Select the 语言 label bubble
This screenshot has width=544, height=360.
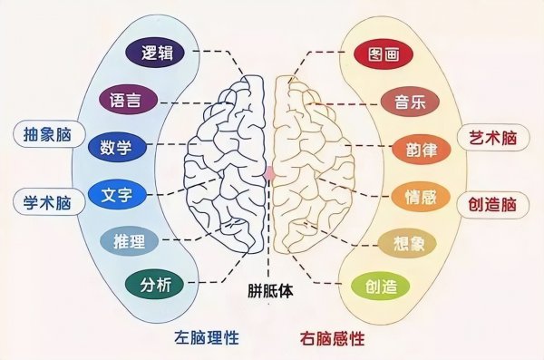[x=130, y=98]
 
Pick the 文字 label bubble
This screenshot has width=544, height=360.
[x=119, y=194]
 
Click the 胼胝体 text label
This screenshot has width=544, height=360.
[x=272, y=292]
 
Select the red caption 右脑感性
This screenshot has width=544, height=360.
[x=332, y=339]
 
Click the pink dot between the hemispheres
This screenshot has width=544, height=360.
[x=270, y=170]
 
